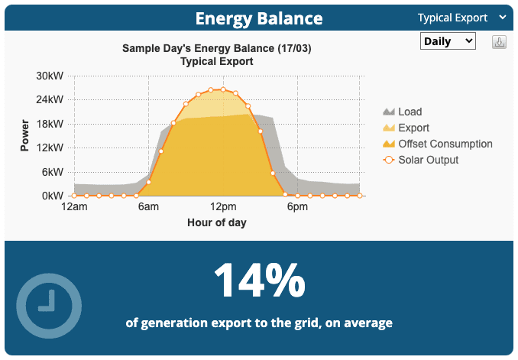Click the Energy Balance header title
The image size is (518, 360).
[x=258, y=18]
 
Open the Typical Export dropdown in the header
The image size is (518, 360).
[x=461, y=17]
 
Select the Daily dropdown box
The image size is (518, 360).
[x=448, y=41]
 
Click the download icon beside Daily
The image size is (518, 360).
[x=500, y=42]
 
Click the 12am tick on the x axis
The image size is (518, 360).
[x=74, y=207]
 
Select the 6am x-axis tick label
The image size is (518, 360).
[x=148, y=207]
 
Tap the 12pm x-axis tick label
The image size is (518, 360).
[x=223, y=207]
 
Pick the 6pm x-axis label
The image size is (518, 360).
[x=297, y=207]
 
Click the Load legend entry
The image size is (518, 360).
[x=410, y=112]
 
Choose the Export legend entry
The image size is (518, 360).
[x=413, y=128]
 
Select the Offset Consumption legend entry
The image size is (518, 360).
[x=445, y=144]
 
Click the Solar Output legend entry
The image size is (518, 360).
[x=428, y=160]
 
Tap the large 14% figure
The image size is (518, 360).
[x=259, y=281]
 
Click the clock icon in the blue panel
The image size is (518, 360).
[x=49, y=304]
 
